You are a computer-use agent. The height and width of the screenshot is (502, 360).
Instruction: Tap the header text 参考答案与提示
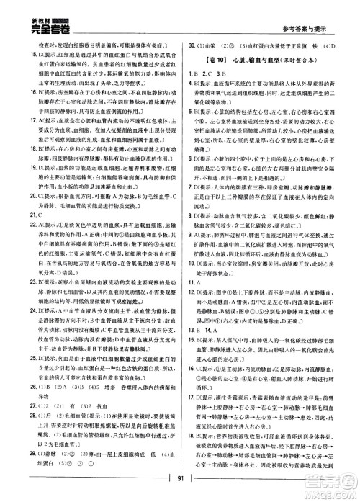point(303,17)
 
